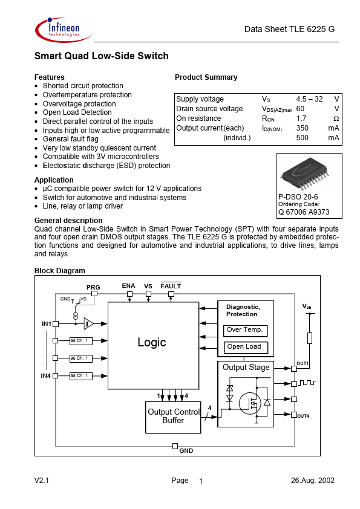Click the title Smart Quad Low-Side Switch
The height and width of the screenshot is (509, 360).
pyautogui.click(x=101, y=56)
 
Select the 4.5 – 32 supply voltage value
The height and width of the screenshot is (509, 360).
pyautogui.click(x=309, y=99)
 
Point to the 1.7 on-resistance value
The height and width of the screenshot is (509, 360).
pyautogui.click(x=301, y=118)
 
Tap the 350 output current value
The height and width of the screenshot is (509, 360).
pyautogui.click(x=303, y=128)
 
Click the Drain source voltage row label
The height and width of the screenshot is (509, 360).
pyautogui.click(x=209, y=109)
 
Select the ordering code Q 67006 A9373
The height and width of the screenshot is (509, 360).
pyautogui.click(x=304, y=212)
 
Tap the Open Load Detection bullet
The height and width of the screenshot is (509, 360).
pyautogui.click(x=77, y=112)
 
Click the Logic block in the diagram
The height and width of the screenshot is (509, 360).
pyautogui.click(x=151, y=343)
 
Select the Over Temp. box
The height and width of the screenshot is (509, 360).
pyautogui.click(x=244, y=330)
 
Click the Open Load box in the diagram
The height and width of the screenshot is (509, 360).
pyautogui.click(x=244, y=346)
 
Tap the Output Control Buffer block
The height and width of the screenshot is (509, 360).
pyautogui.click(x=173, y=416)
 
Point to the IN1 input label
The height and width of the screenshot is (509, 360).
pyautogui.click(x=46, y=324)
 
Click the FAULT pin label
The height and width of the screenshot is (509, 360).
pyautogui.click(x=171, y=285)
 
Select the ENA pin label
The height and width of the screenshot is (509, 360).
pyautogui.click(x=128, y=285)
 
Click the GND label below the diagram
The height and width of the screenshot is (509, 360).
pyautogui.click(x=186, y=451)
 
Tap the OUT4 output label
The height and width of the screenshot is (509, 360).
pyautogui.click(x=303, y=416)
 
